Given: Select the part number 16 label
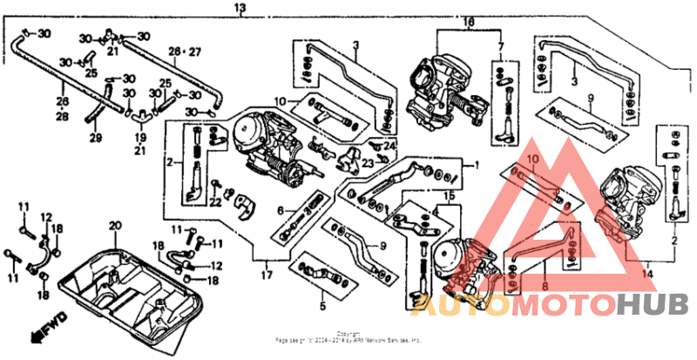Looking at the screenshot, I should (468, 21).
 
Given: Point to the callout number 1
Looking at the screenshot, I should (476, 164).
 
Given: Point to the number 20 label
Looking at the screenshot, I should (112, 226).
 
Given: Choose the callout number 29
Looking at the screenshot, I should (95, 137).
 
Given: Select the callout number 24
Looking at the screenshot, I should (389, 145).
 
